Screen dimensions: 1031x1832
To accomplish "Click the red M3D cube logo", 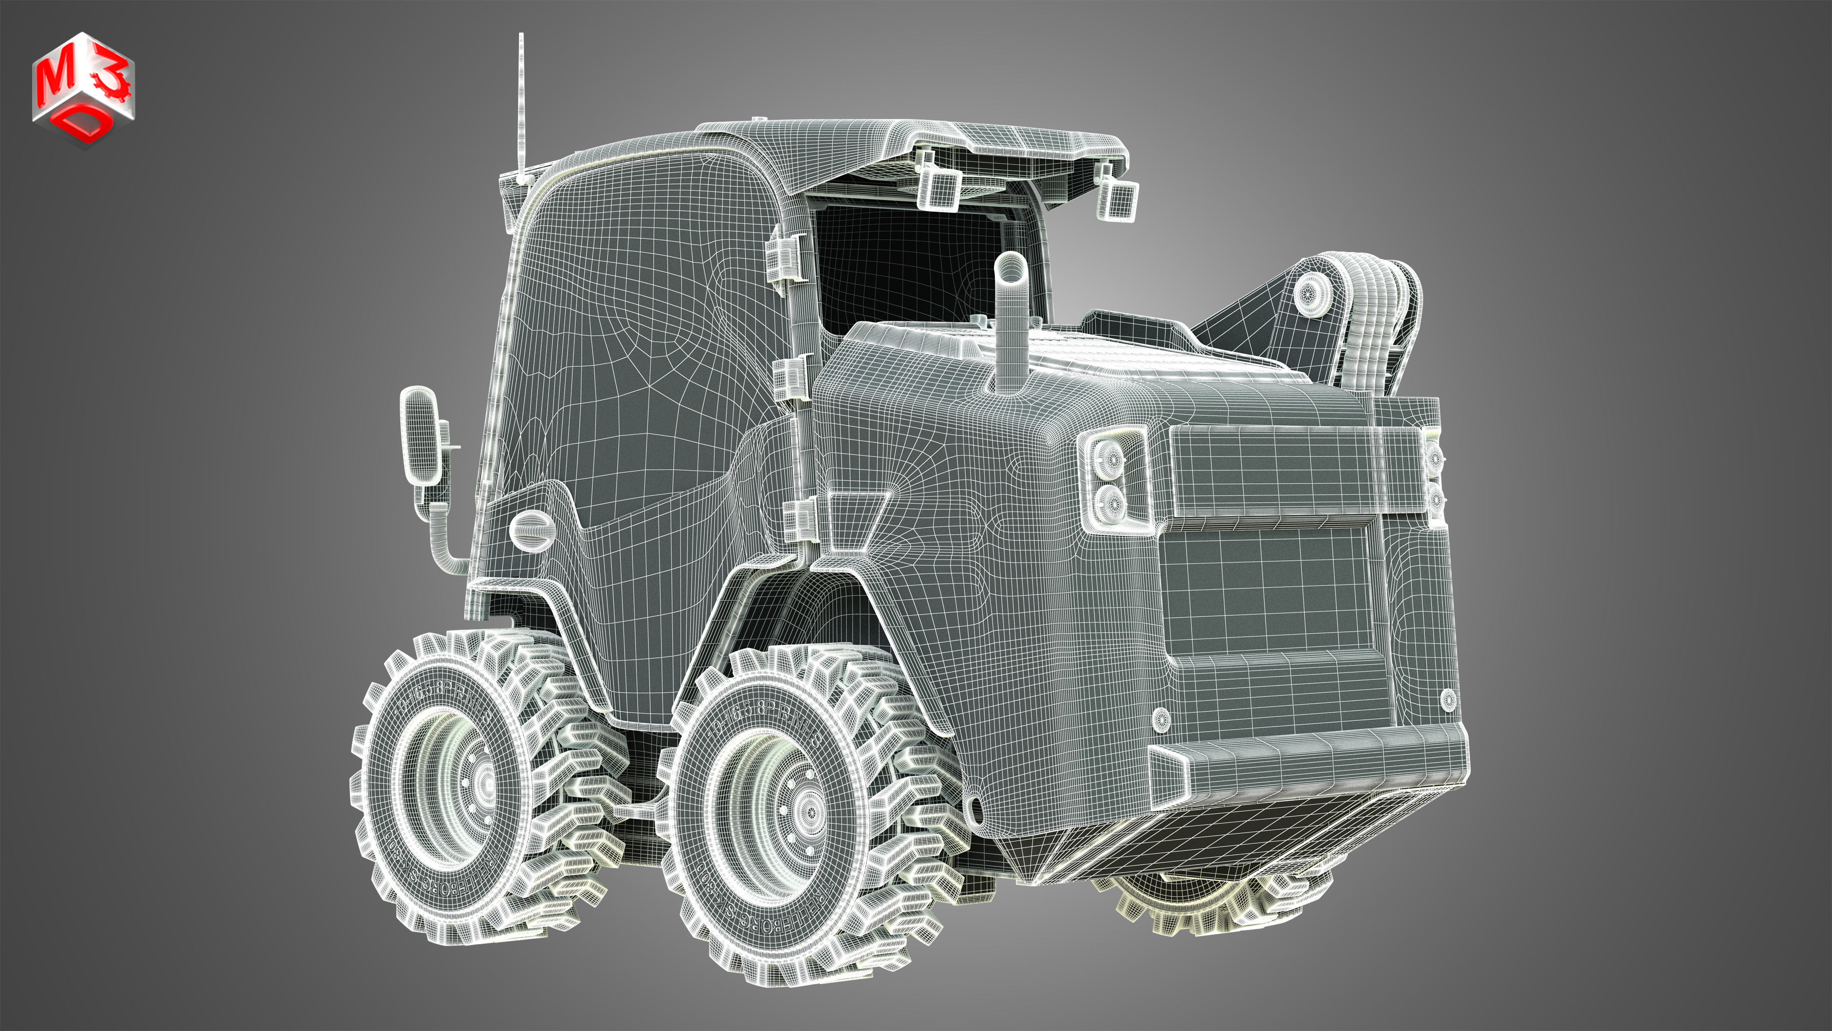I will (83, 88).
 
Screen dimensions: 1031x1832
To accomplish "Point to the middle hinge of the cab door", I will (790, 377).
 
